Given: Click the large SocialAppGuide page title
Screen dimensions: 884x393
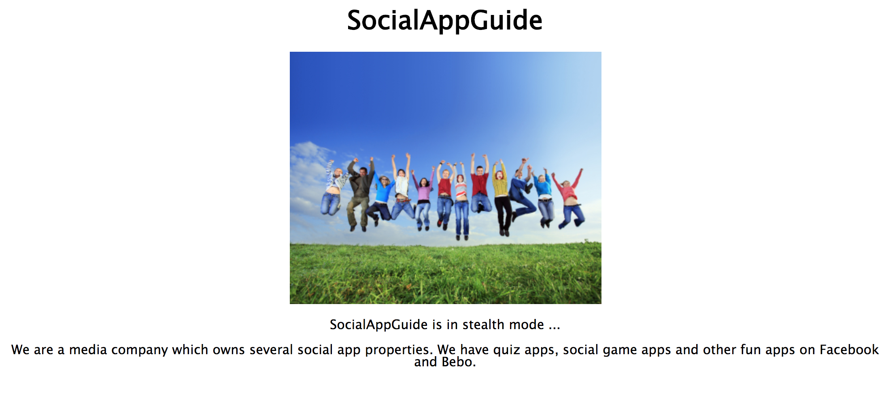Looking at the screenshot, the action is [x=444, y=20].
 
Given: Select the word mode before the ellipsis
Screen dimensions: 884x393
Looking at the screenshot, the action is [x=526, y=325].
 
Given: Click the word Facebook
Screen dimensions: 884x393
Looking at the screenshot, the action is [x=849, y=349].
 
